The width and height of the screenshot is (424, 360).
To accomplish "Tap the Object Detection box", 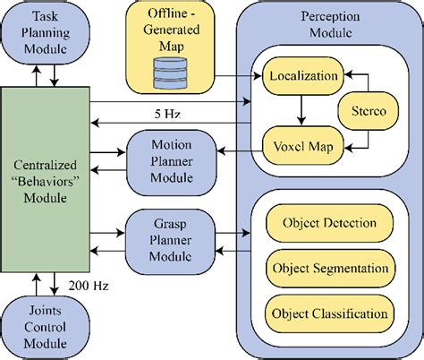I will (329, 223).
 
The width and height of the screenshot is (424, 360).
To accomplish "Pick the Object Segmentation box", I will (329, 268).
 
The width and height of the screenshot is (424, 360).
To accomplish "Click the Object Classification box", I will (329, 313).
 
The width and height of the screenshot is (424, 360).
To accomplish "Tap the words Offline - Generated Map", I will (177, 27).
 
